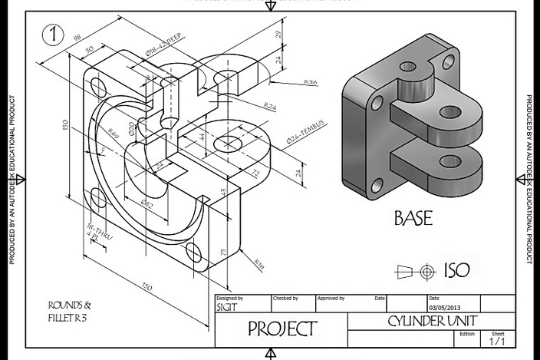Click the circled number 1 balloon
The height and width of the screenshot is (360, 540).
coord(54,35)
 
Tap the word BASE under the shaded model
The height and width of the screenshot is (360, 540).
coord(413,218)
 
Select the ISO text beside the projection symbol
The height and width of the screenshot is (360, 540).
coord(456,270)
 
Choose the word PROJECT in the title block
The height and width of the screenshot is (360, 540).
coord(282,329)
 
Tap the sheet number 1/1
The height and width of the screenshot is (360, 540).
coord(497,341)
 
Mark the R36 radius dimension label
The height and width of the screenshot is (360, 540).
coord(311,81)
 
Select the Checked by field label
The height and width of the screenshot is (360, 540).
coord(286,298)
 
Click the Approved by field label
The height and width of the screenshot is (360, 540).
coord(332,298)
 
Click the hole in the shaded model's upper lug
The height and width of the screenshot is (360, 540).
coord(449,112)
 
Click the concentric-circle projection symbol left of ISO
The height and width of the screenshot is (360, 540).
coord(426,271)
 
